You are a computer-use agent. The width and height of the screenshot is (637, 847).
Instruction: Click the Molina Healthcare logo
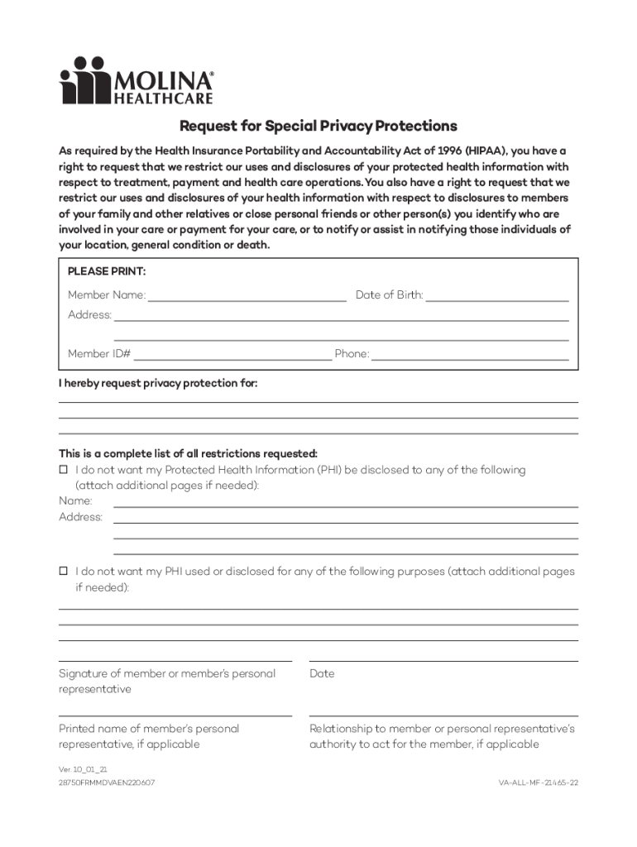click(x=136, y=80)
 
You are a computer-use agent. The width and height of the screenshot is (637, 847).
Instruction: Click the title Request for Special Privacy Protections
click(x=318, y=127)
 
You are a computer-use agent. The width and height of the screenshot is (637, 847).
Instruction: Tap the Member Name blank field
click(x=247, y=297)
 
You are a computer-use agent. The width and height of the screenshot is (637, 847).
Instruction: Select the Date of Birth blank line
click(x=496, y=297)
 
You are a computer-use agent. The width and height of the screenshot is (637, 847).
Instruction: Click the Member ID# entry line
click(x=232, y=357)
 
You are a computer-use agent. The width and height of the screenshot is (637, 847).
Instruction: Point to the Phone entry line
click(x=470, y=357)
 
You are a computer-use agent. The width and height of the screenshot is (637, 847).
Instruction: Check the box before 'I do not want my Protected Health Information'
click(x=63, y=470)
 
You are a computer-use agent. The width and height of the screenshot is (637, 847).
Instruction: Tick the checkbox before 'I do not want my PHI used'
click(x=63, y=572)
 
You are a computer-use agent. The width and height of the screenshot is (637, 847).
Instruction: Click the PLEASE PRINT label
click(x=107, y=271)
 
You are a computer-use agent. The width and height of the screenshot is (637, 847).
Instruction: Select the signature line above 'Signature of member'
click(x=175, y=661)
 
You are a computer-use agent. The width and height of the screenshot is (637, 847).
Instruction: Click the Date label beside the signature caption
click(x=322, y=674)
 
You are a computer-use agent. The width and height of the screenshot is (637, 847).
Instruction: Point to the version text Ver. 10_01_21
click(x=83, y=769)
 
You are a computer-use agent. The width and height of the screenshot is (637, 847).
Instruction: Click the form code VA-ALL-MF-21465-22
click(x=538, y=782)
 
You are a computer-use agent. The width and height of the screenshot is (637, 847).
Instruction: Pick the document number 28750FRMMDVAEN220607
click(x=107, y=782)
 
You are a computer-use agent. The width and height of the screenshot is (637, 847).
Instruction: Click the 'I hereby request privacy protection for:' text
click(x=158, y=384)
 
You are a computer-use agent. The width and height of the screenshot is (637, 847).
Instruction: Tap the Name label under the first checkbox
click(x=75, y=501)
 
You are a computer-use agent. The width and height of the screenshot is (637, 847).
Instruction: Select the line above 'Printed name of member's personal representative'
click(x=175, y=715)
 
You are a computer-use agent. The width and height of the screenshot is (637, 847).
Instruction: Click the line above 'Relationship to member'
click(x=443, y=715)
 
